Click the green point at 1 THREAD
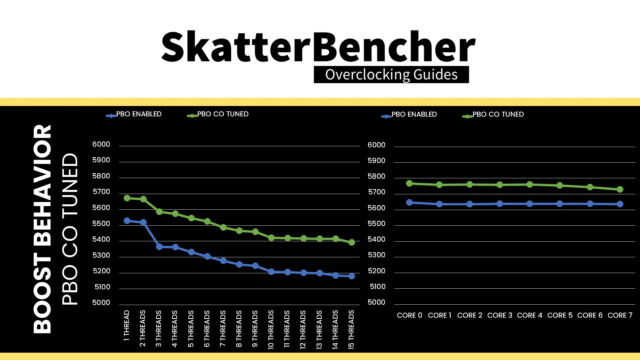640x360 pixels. (x=127, y=198)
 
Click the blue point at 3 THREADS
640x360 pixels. (x=159, y=247)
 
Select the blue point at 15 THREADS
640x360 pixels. (x=352, y=276)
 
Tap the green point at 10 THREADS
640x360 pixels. (x=271, y=238)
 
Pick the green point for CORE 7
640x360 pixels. (x=620, y=189)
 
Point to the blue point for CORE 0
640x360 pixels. (x=409, y=202)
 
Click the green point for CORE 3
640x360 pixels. (x=500, y=185)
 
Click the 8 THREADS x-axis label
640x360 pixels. (x=239, y=329)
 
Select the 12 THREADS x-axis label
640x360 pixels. (x=303, y=329)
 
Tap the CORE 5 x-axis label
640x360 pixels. (x=560, y=315)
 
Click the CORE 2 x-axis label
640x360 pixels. (x=470, y=315)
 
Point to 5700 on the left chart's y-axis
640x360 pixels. (x=101, y=192)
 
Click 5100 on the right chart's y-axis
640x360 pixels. (x=378, y=287)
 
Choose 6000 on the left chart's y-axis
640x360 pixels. (x=101, y=144)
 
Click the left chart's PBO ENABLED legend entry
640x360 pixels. (x=134, y=114)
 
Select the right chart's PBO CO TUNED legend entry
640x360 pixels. (x=493, y=115)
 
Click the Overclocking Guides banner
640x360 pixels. (x=391, y=74)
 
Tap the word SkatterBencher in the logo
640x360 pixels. (x=318, y=46)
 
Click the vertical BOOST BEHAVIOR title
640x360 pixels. (x=42, y=229)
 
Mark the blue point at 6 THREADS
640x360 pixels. (x=207, y=256)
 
